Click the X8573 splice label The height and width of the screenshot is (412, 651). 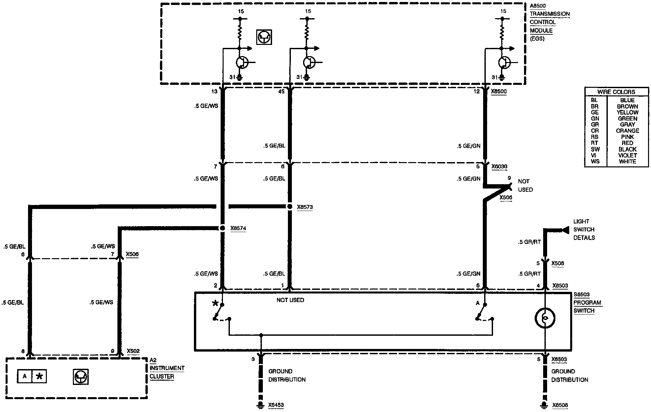304,207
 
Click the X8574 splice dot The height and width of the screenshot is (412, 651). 223,228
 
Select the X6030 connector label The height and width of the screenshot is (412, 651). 499,167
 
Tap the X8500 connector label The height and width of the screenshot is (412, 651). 499,91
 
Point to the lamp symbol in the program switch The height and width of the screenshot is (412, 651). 545,318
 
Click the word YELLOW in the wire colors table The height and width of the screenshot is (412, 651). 627,113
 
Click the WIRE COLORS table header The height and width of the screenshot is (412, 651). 616,92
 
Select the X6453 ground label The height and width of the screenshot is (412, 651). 276,405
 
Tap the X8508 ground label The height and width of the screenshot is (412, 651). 560,405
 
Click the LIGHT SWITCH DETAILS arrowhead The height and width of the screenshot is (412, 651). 565,230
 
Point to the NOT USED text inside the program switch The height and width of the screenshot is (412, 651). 290,300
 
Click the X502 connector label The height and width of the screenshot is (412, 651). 133,351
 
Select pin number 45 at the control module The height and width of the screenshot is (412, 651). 281,91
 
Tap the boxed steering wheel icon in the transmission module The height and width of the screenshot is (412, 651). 264,37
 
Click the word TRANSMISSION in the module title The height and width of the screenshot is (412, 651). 550,14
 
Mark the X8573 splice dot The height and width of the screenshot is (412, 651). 290,207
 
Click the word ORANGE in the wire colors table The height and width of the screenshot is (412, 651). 627,131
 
